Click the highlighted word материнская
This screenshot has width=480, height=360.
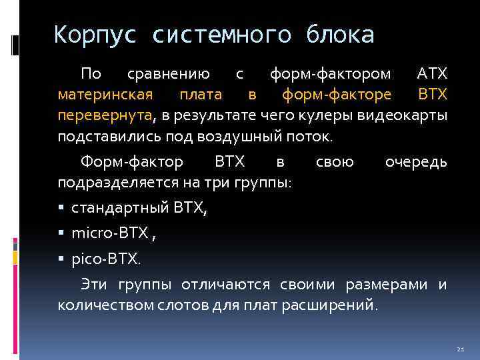point(105,95)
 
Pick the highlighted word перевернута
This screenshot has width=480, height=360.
point(105,117)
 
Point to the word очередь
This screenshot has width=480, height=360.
point(416,162)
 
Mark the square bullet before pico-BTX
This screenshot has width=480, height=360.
point(61,257)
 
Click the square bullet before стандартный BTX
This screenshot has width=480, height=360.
point(61,209)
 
